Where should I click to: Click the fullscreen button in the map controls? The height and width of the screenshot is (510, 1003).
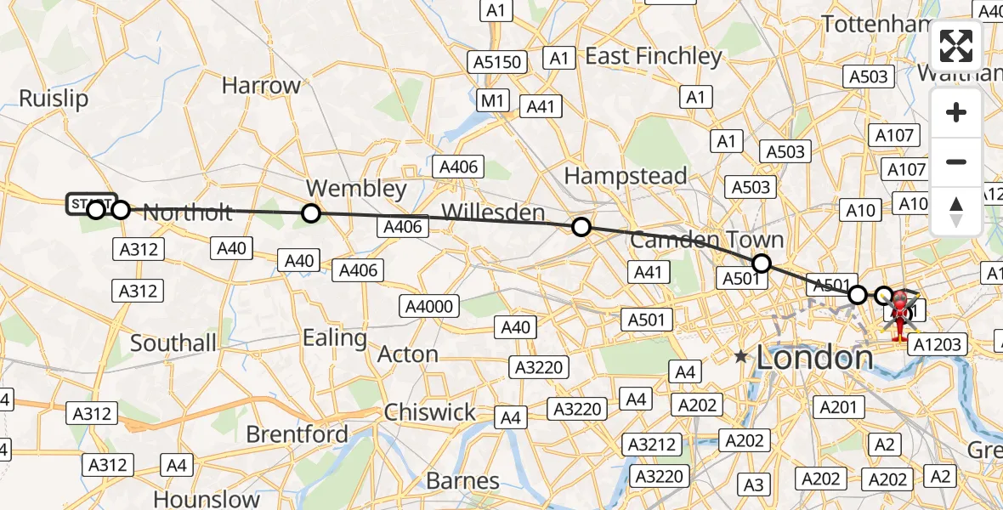(956, 46)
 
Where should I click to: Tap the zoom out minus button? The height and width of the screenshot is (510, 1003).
(956, 161)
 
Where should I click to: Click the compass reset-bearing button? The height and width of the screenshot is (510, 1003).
(956, 211)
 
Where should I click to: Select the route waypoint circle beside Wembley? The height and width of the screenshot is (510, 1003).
(311, 213)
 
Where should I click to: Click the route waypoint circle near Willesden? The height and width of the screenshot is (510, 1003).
(581, 227)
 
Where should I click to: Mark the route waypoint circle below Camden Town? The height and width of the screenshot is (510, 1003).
(762, 263)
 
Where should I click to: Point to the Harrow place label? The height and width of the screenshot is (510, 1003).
(261, 86)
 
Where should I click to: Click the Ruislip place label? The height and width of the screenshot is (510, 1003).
(54, 99)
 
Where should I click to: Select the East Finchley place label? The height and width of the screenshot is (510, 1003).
(653, 57)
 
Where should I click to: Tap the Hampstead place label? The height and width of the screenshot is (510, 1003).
(626, 177)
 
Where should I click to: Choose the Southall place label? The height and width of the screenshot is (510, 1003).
(173, 343)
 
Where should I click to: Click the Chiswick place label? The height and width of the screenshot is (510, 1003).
(429, 412)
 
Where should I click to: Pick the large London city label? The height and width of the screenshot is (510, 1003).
(814, 357)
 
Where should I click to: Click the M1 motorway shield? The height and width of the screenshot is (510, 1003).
(491, 101)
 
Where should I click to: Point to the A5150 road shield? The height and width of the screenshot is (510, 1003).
(498, 62)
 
